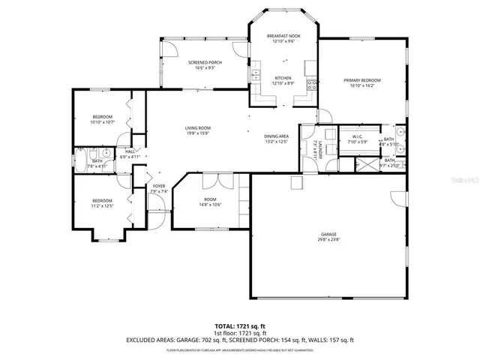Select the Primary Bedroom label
[362, 80]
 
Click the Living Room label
[198, 128]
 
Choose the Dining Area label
[276, 136]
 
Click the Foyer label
[159, 186]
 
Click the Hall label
[130, 151]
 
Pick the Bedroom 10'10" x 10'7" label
[103, 117]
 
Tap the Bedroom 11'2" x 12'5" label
[102, 200]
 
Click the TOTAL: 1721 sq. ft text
[239, 326]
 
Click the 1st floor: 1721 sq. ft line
[239, 333]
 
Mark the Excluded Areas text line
[239, 340]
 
